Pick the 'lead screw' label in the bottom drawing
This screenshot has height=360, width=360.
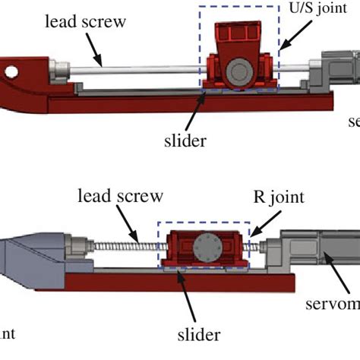[120, 197]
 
